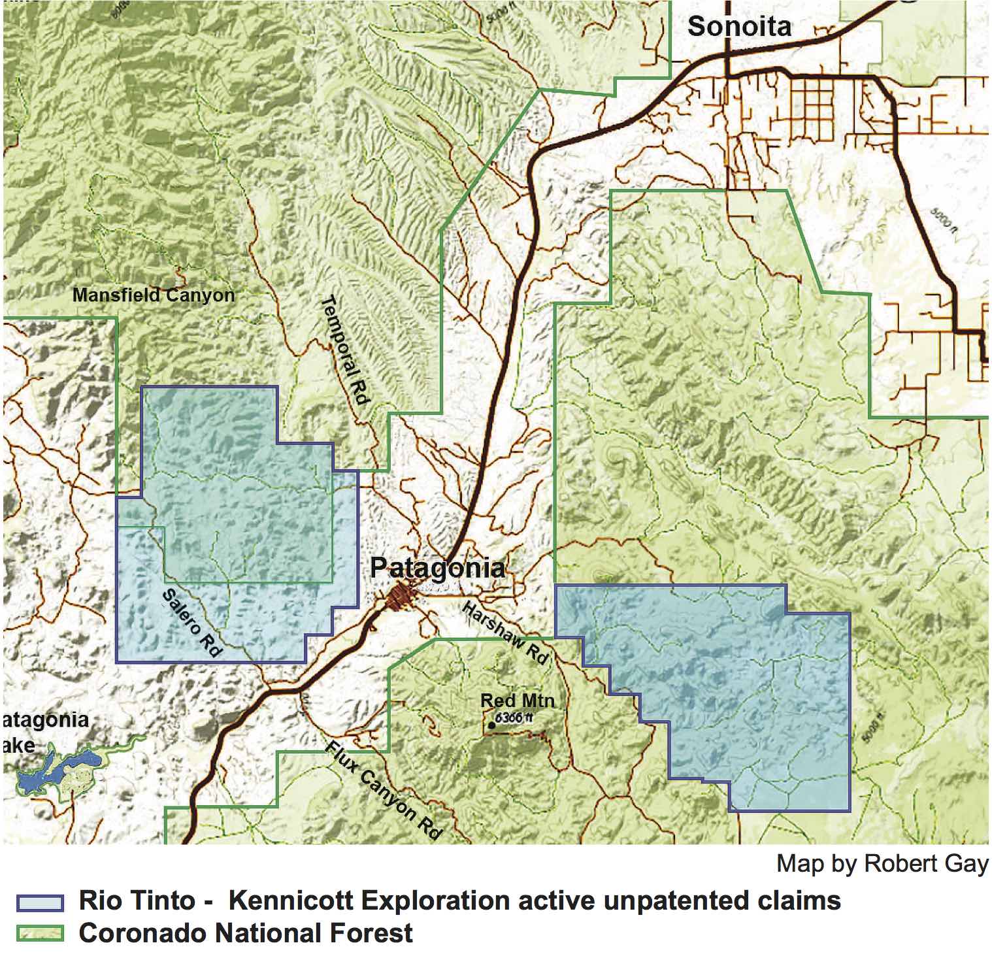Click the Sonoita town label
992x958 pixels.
click(739, 27)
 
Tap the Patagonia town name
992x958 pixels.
click(437, 567)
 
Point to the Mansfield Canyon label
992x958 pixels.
click(153, 295)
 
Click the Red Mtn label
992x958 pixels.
click(517, 701)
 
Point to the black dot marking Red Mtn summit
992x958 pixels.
click(491, 725)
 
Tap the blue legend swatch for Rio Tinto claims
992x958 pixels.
click(40, 902)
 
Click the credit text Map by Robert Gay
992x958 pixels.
click(882, 864)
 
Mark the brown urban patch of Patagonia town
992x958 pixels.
click(399, 597)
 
